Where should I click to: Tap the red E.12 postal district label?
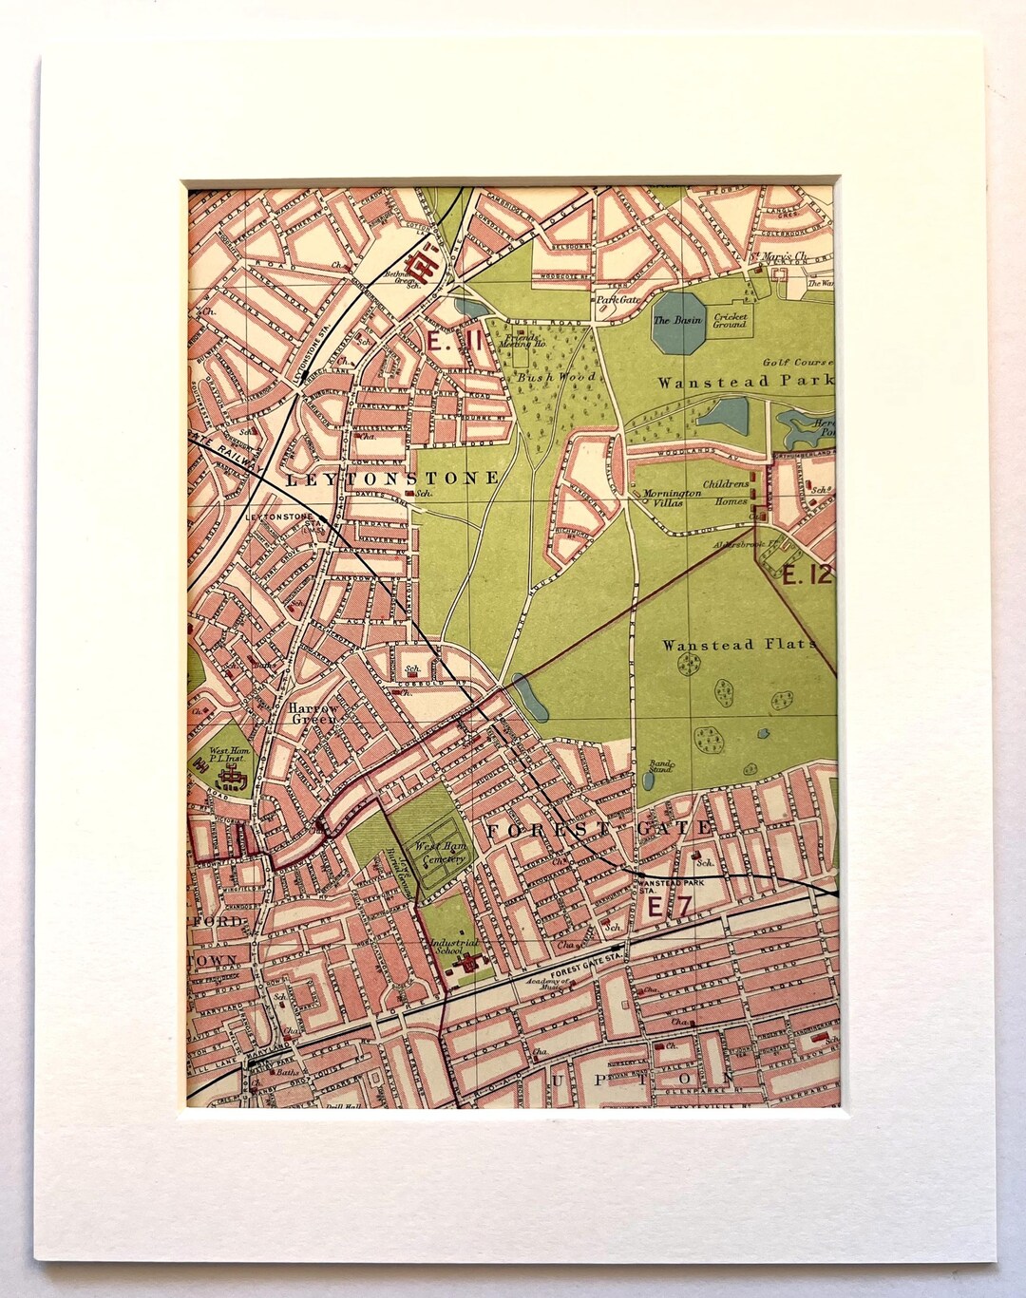tap(807, 574)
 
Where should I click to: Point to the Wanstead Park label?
tap(745, 382)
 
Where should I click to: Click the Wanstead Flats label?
tap(738, 645)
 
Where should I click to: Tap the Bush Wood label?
tap(556, 377)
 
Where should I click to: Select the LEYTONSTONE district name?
tap(391, 478)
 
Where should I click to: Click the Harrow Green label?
tap(313, 714)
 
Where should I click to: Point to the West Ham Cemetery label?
tap(440, 852)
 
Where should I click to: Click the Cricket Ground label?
tap(731, 321)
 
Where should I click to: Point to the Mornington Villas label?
tap(672, 499)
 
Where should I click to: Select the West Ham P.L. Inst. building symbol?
tap(231, 779)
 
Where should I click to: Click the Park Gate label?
tap(614, 299)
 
